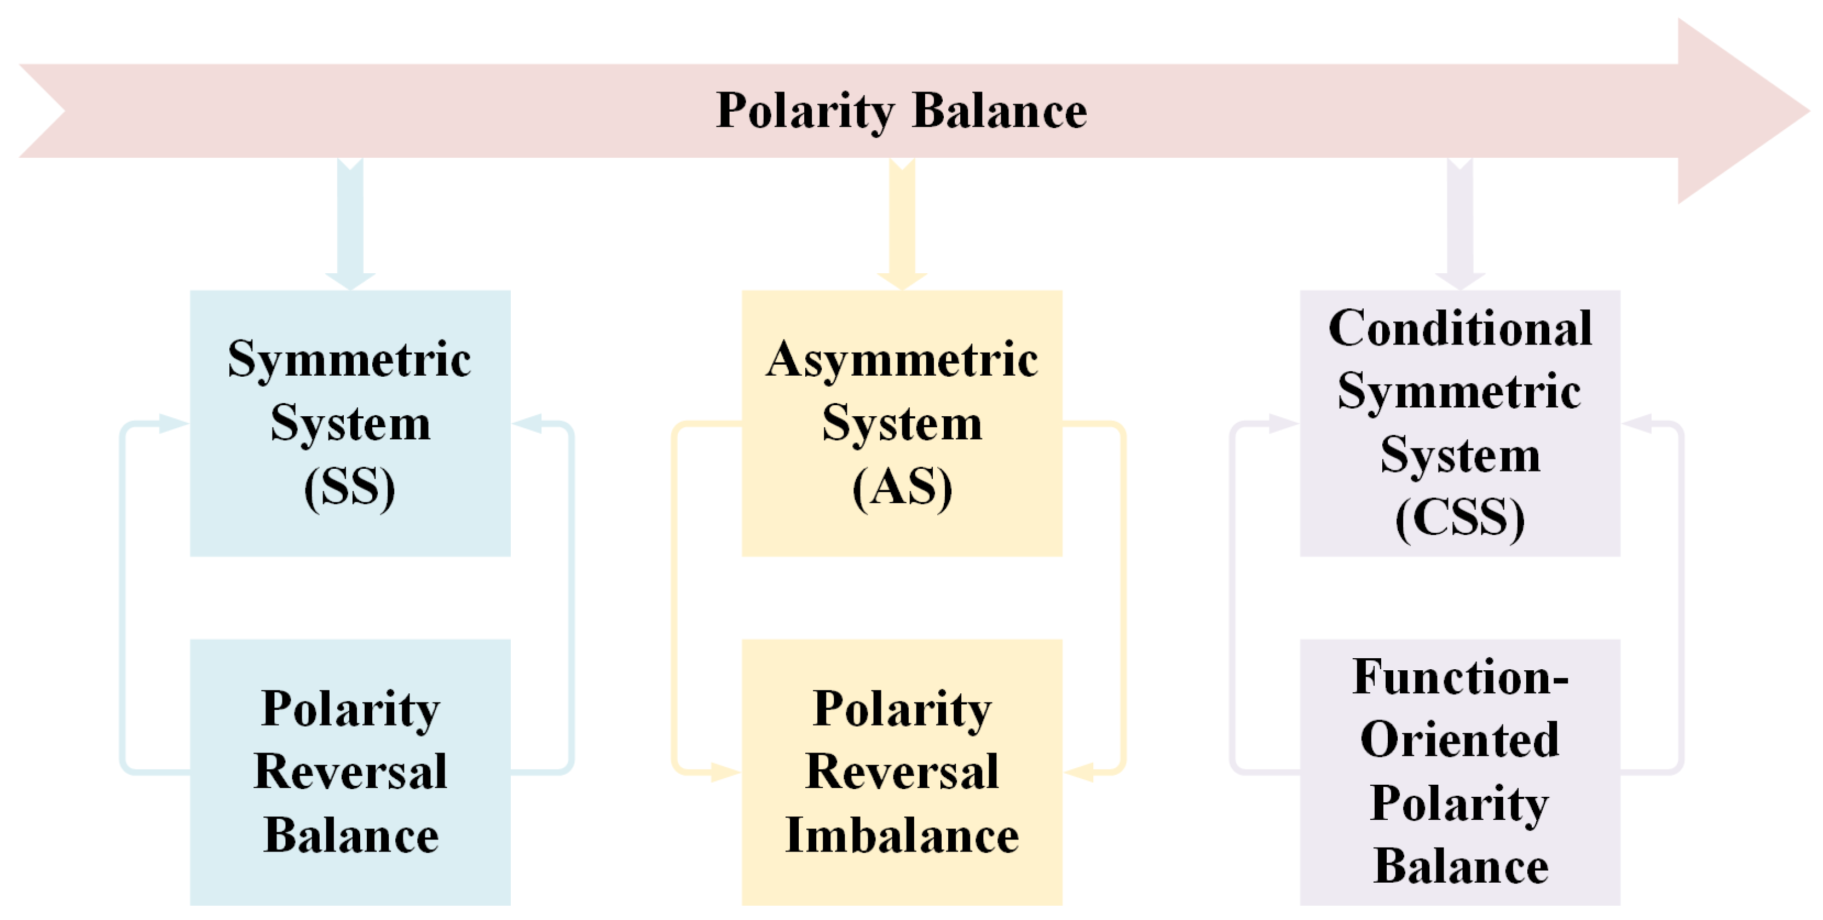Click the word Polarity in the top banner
805,111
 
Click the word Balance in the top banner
999,111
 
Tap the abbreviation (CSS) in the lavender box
1460,518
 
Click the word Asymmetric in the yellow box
902,359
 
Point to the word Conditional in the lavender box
1460,329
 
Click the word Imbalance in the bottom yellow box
902,835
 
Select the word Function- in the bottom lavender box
1460,677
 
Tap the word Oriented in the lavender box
1460,740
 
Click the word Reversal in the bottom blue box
350,772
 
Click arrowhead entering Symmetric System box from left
174,423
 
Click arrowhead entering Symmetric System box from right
527,423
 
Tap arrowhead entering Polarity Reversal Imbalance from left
725,772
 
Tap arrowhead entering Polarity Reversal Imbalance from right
1079,772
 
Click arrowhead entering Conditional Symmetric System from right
1637,423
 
